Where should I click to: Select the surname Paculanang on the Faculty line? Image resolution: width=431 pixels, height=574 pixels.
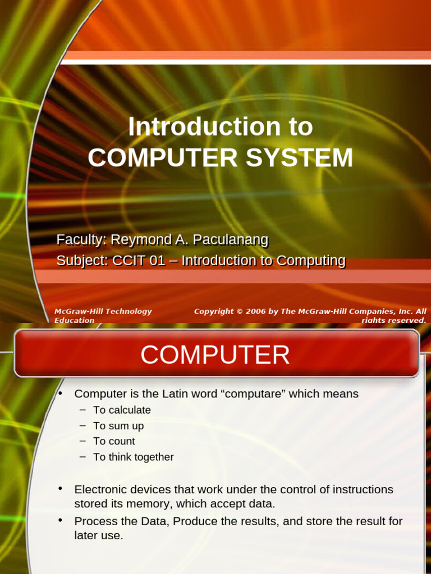230,240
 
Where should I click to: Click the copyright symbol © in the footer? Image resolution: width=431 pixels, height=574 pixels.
239,311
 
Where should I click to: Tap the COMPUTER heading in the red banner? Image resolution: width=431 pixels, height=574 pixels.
215,355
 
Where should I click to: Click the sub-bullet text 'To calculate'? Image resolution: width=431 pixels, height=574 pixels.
122,410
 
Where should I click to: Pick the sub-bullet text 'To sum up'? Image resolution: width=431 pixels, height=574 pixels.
118,425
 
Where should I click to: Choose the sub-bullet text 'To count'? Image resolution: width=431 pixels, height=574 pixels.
114,441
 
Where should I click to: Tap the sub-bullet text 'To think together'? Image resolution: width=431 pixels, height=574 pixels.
134,457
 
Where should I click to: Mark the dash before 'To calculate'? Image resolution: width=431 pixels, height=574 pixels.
82,410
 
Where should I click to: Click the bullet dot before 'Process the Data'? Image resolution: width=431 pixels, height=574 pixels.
59,521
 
